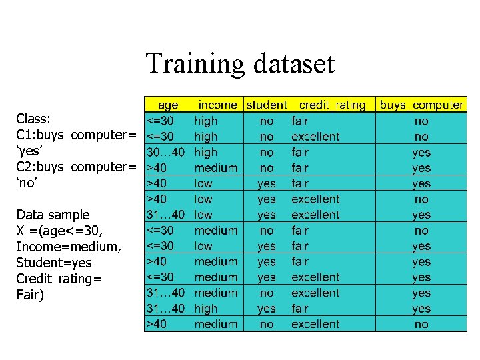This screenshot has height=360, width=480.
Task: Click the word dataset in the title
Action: pyautogui.click(x=293, y=64)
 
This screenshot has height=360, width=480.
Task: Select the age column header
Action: pyautogui.click(x=168, y=105)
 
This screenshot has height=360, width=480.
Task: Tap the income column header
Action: pyautogui.click(x=217, y=105)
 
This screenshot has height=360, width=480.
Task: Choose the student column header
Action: pyautogui.click(x=267, y=105)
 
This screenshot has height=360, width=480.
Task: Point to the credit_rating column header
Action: pyautogui.click(x=332, y=105)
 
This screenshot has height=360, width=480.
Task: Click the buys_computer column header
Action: pyautogui.click(x=421, y=105)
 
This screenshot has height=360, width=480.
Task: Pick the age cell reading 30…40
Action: pyautogui.click(x=165, y=152)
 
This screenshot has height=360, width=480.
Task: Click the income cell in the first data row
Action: pyautogui.click(x=206, y=121)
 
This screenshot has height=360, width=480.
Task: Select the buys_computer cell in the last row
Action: pyautogui.click(x=421, y=324)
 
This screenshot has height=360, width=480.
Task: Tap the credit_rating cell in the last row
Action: pyautogui.click(x=315, y=324)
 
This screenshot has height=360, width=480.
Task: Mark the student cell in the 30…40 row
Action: pyautogui.click(x=267, y=152)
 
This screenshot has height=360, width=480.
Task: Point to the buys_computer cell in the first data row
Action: pyautogui.click(x=421, y=121)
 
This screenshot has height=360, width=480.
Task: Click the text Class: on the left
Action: pyautogui.click(x=33, y=119)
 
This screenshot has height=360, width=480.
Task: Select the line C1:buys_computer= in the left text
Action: pyautogui.click(x=76, y=135)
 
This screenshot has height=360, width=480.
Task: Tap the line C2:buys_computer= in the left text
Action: pyautogui.click(x=76, y=167)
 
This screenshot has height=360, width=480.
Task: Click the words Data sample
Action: pyautogui.click(x=53, y=215)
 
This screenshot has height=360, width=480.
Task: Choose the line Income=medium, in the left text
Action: pyautogui.click(x=69, y=247)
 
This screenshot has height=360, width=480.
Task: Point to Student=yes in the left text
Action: pyautogui.click(x=54, y=263)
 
